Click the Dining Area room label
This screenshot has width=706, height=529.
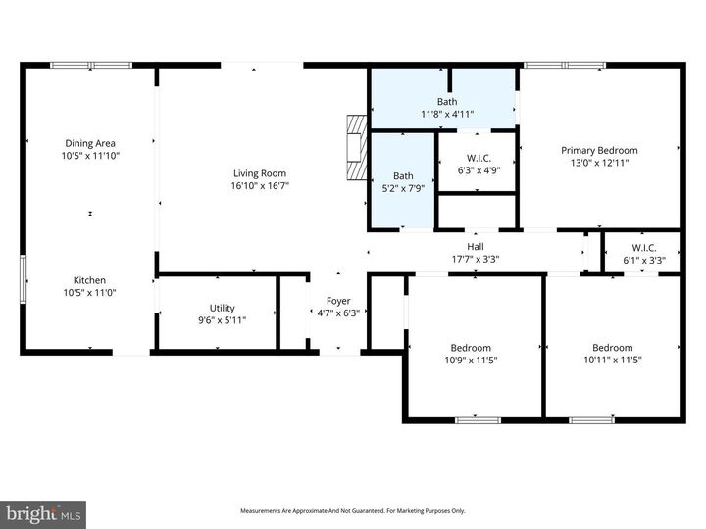click(91, 143)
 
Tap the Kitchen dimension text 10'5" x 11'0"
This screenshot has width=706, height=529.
click(91, 293)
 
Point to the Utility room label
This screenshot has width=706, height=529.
click(222, 308)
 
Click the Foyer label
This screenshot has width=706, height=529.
click(338, 301)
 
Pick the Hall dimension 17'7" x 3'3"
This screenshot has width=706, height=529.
click(476, 260)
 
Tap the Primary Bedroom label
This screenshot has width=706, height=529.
click(598, 150)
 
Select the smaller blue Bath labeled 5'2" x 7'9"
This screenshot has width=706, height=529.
click(403, 176)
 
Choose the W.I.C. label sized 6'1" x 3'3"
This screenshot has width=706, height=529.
click(644, 248)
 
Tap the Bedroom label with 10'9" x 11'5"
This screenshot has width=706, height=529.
click(471, 348)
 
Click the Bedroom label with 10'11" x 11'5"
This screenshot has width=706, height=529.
click(612, 348)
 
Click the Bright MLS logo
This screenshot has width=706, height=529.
click(43, 514)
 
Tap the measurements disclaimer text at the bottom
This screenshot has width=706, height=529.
click(353, 510)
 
